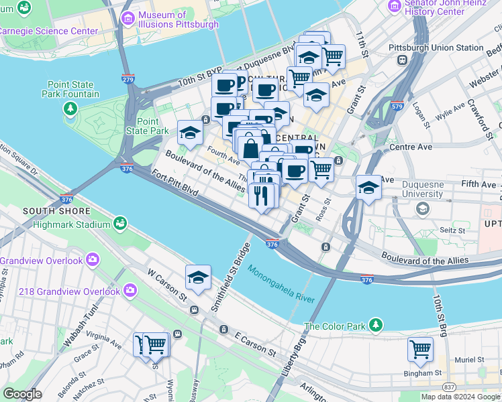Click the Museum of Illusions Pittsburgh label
tap(178, 19)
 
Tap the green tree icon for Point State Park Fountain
tap(69, 107)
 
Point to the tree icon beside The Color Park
tap(376, 326)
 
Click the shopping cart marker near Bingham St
tap(420, 348)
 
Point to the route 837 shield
tap(449, 387)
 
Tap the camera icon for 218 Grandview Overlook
tap(129, 290)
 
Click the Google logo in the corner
tap(22, 394)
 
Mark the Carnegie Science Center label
tap(48, 31)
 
